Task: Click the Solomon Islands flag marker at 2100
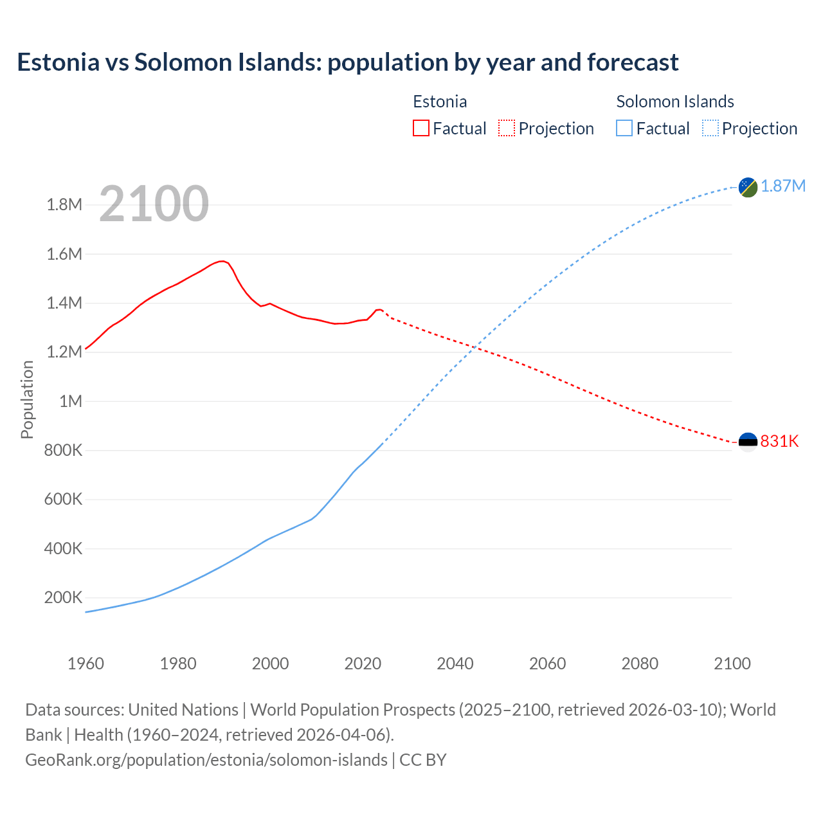(748, 187)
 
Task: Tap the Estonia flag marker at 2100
(748, 442)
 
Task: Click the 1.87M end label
(783, 186)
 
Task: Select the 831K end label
(779, 441)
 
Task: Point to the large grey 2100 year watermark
(154, 204)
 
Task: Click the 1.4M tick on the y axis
(64, 303)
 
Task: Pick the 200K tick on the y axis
(63, 598)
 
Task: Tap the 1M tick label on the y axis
(71, 401)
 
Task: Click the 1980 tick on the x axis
(178, 664)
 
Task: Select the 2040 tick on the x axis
(455, 664)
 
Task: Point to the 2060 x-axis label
(547, 664)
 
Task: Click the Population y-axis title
(27, 399)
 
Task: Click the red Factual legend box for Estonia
(421, 128)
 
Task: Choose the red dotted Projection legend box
(507, 128)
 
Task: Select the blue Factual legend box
(624, 128)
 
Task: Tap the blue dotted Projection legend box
(710, 128)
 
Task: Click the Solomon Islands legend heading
(675, 102)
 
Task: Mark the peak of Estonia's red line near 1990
(222, 261)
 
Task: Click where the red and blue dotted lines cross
(475, 348)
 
